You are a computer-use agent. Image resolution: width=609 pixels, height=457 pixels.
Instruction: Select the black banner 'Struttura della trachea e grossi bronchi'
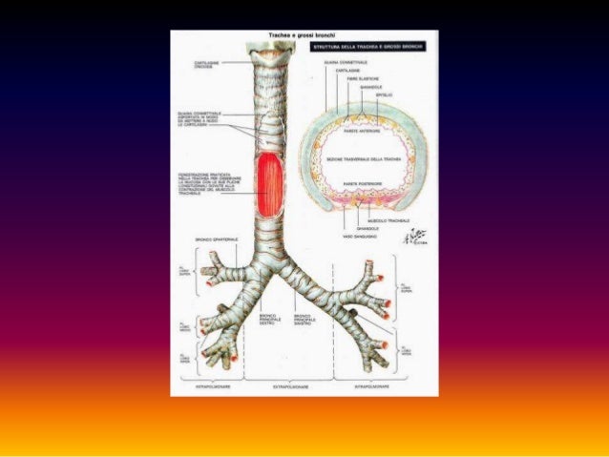tap(375, 45)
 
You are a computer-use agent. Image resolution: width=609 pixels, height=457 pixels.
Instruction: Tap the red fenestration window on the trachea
tap(271, 183)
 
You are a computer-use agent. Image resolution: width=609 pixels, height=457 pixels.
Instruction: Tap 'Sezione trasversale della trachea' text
tap(367, 159)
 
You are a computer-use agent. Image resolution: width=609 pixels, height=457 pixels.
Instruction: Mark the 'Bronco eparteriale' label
tap(217, 239)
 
